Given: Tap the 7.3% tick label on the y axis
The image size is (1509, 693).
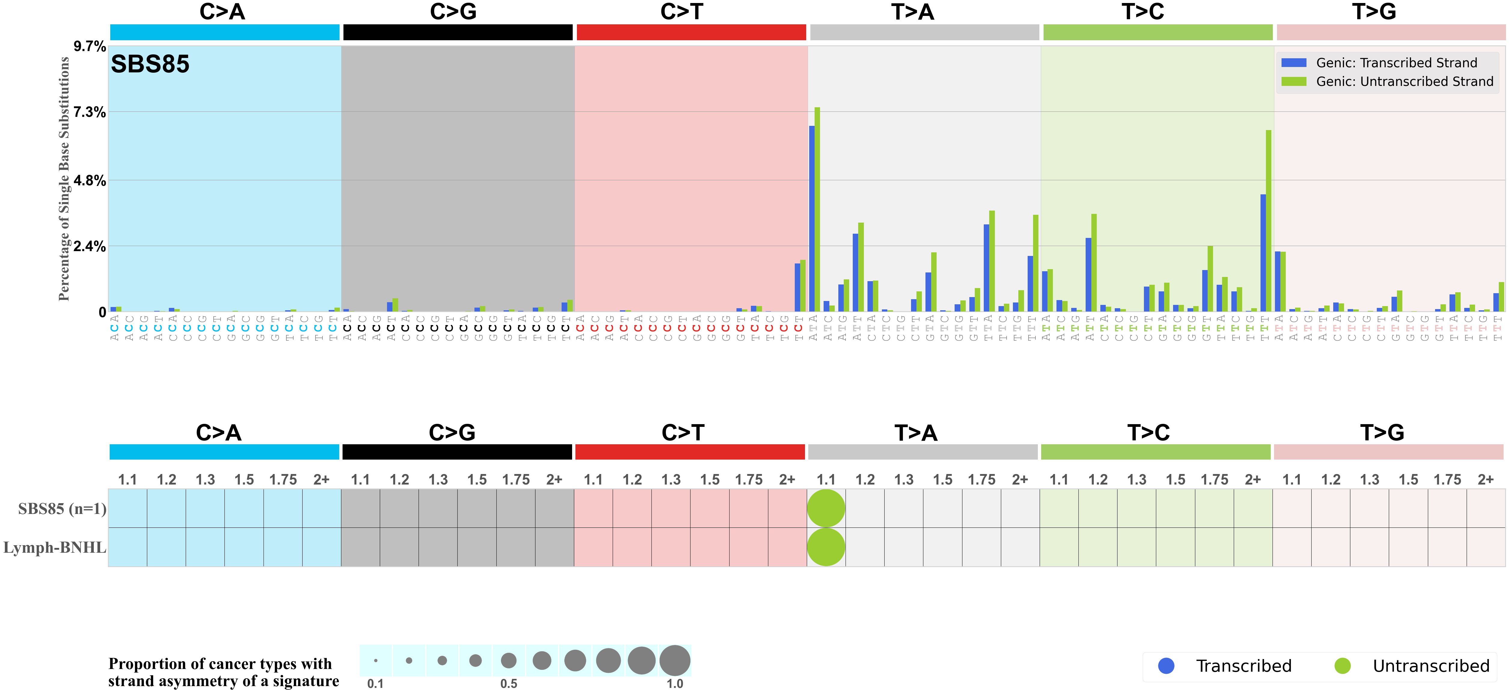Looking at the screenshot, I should tap(89, 112).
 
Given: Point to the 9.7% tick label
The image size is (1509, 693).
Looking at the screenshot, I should tap(89, 46).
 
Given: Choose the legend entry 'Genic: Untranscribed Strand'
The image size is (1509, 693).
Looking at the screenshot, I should tap(1404, 81).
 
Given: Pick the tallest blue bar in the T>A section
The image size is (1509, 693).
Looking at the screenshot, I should tap(812, 218).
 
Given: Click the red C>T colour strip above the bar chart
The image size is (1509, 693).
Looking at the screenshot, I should tap(691, 32).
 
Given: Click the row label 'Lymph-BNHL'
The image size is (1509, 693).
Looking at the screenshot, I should tap(54, 547).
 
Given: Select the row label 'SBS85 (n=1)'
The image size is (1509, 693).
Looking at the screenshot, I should tap(62, 509).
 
